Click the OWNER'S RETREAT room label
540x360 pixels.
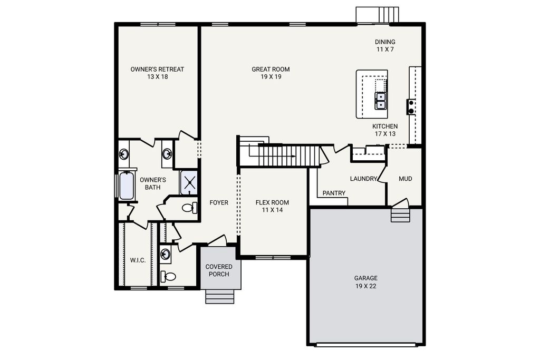pos(157,69)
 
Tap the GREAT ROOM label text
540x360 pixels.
pos(271,69)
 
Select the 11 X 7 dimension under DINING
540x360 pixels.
pos(384,50)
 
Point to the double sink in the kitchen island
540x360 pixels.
pos(381,100)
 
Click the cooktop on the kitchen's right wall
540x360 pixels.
pos(410,107)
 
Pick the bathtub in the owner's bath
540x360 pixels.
pos(127,186)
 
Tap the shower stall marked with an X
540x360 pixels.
pos(189,182)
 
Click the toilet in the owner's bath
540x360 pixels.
pos(189,208)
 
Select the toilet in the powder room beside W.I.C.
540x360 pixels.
pos(169,276)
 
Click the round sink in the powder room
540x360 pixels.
pos(166,254)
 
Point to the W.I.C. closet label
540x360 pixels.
pos(138,260)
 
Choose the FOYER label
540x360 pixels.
pos(219,203)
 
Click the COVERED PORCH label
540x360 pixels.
pos(219,270)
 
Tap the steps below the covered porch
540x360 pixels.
pos(219,296)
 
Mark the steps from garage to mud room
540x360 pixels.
pos(400,215)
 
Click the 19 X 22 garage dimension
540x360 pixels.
pos(365,286)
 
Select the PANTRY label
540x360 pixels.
pos(334,193)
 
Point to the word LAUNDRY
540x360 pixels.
pos(363,179)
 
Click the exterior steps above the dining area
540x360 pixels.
pos(377,14)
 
